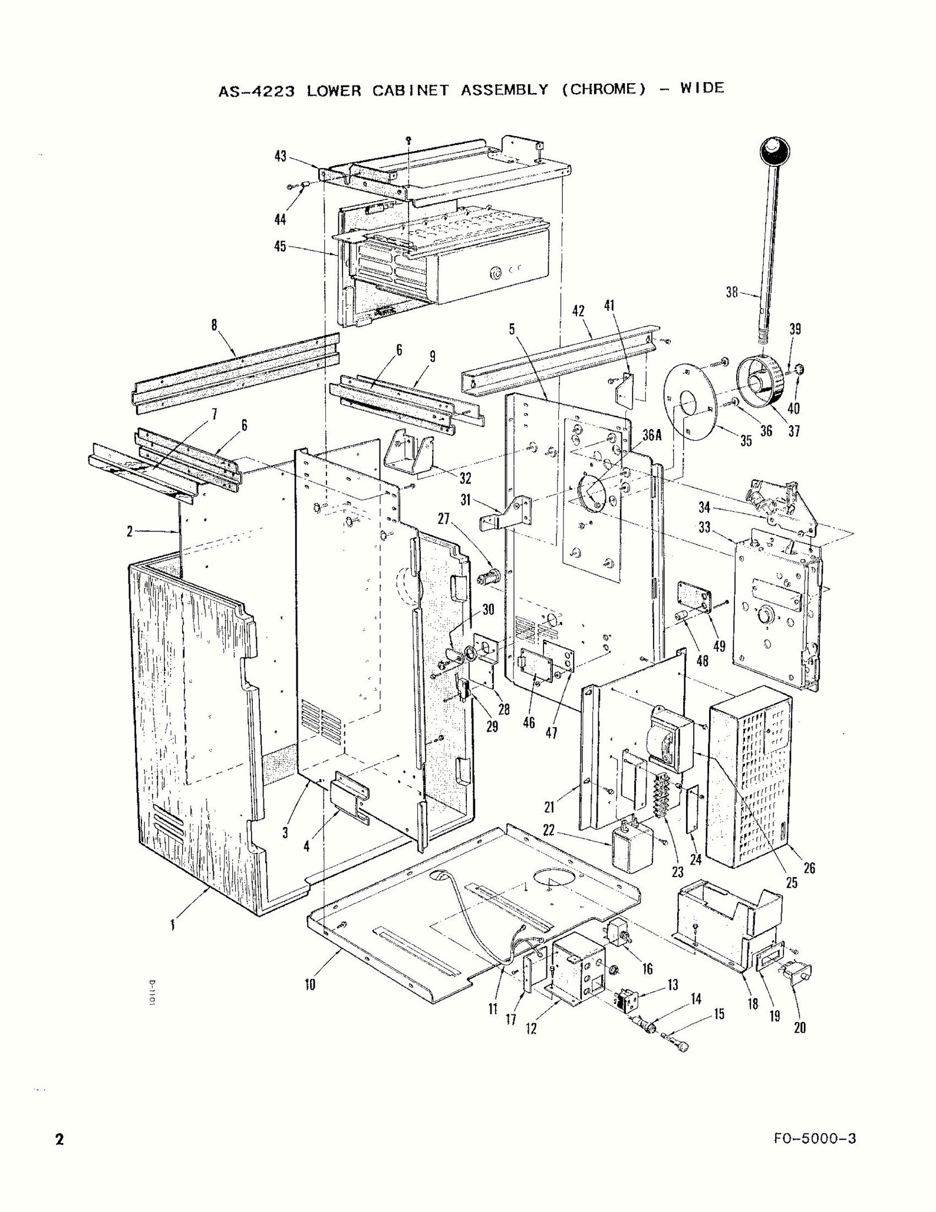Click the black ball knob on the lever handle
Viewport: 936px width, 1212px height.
point(774,152)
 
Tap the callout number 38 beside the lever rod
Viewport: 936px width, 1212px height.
point(731,291)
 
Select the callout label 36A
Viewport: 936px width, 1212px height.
point(652,435)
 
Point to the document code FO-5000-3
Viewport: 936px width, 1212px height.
point(815,1138)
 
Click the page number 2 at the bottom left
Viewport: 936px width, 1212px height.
point(59,1139)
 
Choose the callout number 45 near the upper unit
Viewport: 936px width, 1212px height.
point(280,246)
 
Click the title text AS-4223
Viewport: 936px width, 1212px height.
point(256,91)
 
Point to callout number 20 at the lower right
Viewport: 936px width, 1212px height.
point(800,1027)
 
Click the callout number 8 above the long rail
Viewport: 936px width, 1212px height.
point(214,324)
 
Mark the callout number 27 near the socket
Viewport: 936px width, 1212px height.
point(444,518)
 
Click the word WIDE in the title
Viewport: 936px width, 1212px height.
point(702,88)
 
